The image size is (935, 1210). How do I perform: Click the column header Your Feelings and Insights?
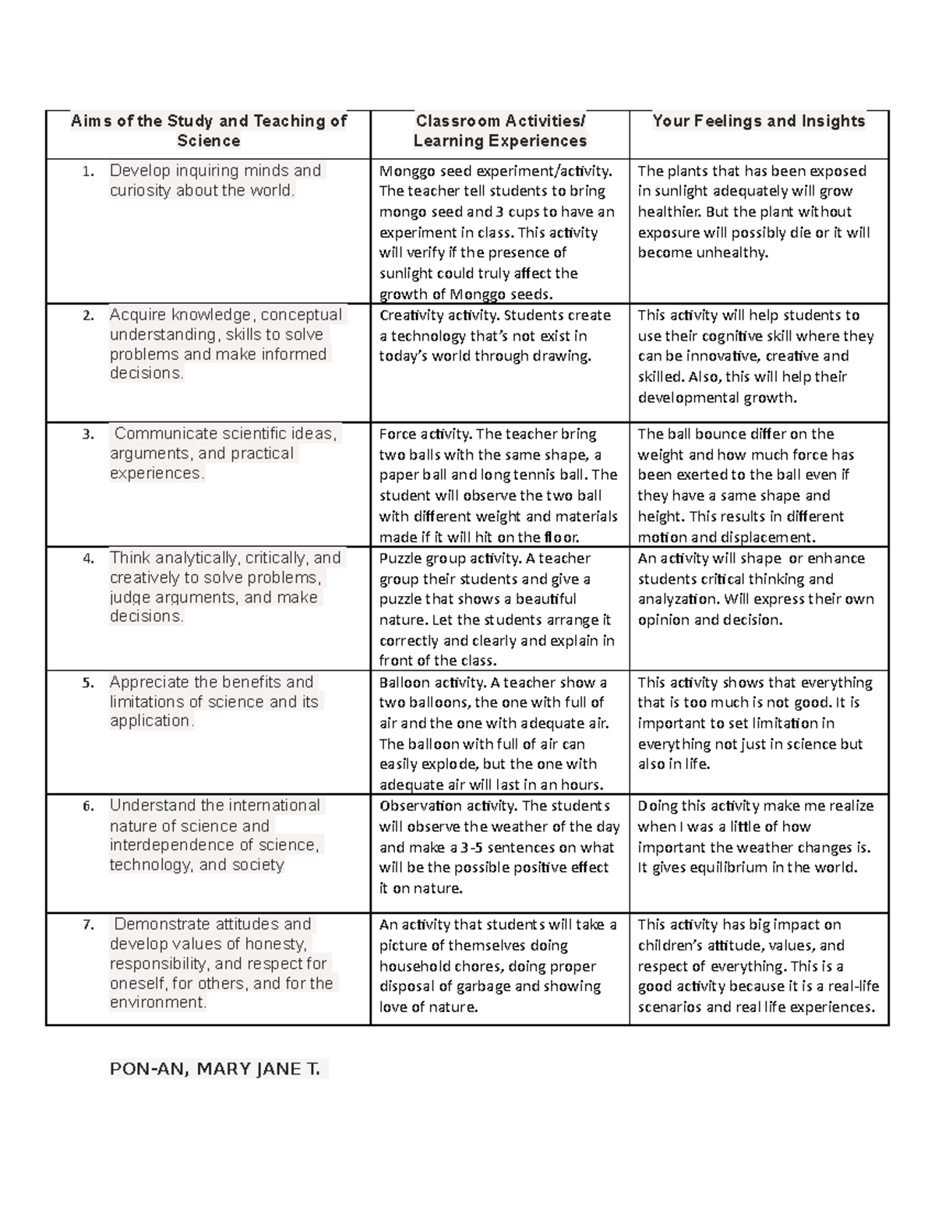click(x=758, y=121)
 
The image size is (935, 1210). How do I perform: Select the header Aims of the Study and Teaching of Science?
click(x=208, y=131)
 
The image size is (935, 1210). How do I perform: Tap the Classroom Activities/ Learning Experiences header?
click(x=499, y=131)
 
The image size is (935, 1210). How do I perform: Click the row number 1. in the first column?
click(x=89, y=171)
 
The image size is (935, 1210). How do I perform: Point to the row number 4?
click(x=89, y=559)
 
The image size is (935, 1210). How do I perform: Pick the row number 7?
click(x=89, y=926)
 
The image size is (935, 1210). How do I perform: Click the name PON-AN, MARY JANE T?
click(x=215, y=1069)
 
